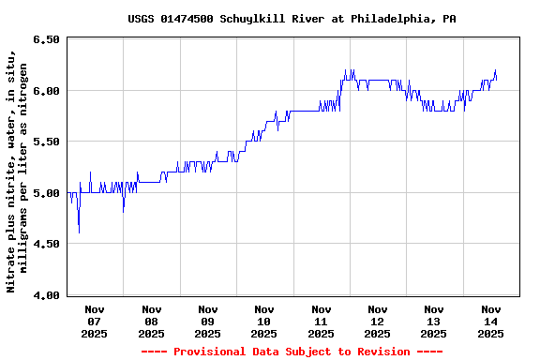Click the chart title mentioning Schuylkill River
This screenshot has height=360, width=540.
click(292, 18)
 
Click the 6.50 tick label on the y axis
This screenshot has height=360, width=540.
click(47, 39)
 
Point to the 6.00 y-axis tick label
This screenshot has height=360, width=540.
click(47, 91)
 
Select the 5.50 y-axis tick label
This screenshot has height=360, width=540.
click(47, 142)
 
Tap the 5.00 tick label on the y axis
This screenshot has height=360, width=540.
click(47, 193)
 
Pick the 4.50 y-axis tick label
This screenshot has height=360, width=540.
click(47, 244)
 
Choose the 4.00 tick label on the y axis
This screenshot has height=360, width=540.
click(47, 295)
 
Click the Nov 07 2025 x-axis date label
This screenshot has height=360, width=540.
click(95, 321)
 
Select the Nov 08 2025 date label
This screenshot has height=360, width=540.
click(151, 321)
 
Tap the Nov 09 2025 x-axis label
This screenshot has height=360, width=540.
click(208, 321)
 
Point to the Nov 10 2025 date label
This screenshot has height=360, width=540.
click(264, 321)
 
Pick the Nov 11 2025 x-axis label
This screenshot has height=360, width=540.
click(321, 321)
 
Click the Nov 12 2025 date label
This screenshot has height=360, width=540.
click(378, 321)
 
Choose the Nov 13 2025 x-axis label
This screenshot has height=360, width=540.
click(434, 321)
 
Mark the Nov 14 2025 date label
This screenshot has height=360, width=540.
click(490, 321)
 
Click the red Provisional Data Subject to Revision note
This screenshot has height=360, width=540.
click(292, 352)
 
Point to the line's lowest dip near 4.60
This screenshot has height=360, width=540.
click(79, 232)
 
